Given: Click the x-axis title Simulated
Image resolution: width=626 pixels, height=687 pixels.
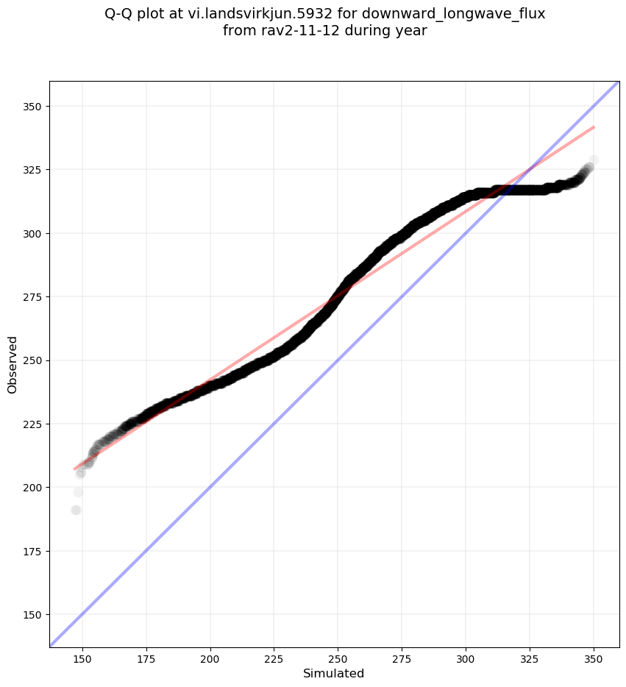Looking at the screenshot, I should pyautogui.click(x=333, y=673).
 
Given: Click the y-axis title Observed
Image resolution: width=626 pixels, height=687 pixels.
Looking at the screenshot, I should pyautogui.click(x=13, y=364).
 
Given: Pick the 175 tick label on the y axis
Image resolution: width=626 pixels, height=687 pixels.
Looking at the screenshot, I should pyautogui.click(x=32, y=551).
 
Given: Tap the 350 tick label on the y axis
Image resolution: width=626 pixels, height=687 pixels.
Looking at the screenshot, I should pyautogui.click(x=32, y=107).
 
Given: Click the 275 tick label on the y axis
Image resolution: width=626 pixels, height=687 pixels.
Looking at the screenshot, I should pyautogui.click(x=32, y=297).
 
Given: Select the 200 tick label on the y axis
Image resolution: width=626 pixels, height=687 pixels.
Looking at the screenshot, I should pyautogui.click(x=32, y=488).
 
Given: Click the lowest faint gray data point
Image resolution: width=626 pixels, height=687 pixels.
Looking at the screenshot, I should pyautogui.click(x=76, y=510).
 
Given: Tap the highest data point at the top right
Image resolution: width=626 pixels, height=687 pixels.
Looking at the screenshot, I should pyautogui.click(x=593, y=160).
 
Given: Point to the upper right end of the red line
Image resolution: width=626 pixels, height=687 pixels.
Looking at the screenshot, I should pyautogui.click(x=594, y=127).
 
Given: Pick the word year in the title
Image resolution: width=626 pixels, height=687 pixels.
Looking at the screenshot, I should pyautogui.click(x=410, y=31).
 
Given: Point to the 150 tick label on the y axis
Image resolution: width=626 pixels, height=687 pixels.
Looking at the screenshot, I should pyautogui.click(x=32, y=614).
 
